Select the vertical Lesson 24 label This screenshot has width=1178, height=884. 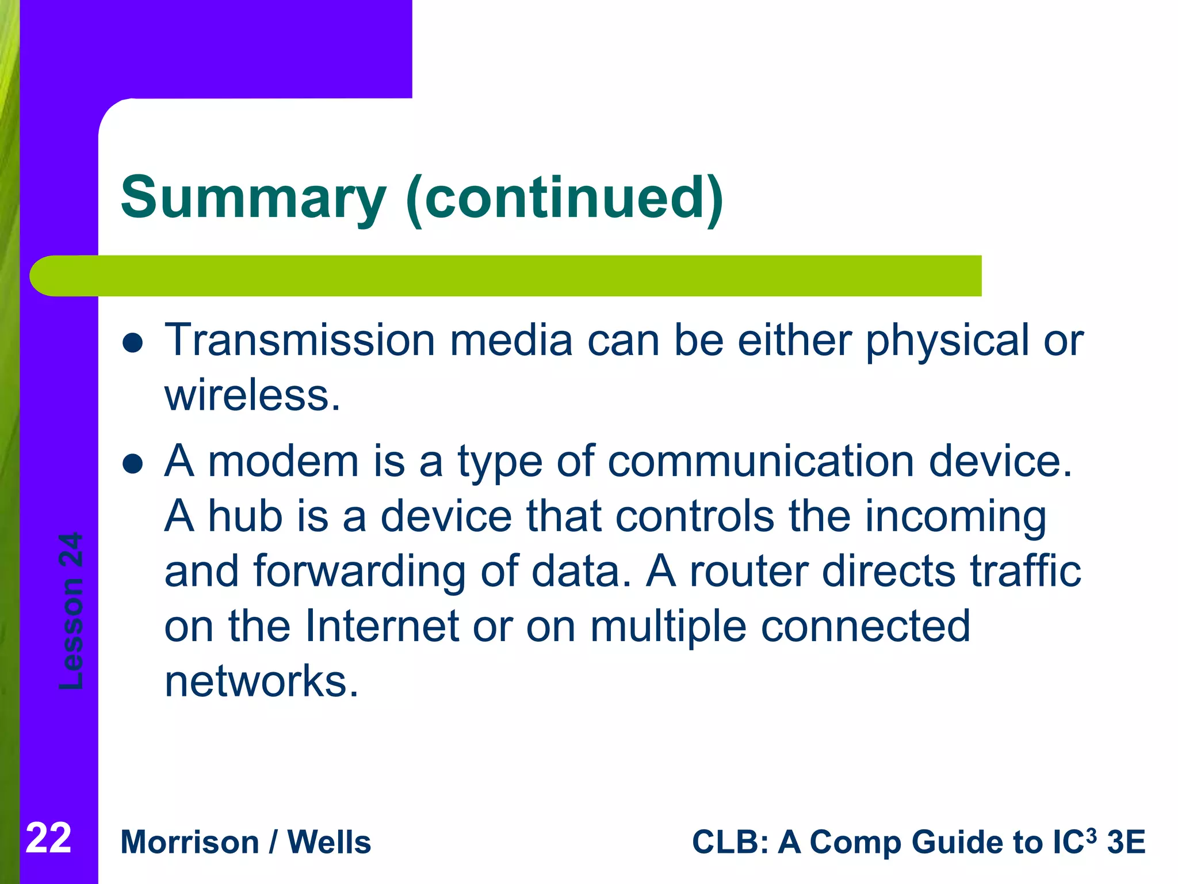(x=71, y=611)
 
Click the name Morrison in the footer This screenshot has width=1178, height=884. (x=190, y=843)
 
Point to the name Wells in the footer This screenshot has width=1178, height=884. (x=329, y=843)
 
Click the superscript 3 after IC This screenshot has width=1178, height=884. (x=1091, y=835)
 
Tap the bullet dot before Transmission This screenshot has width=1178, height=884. (x=133, y=344)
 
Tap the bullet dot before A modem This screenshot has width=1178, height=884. (x=133, y=464)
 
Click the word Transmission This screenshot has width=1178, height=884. (x=300, y=341)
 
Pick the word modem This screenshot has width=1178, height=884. (x=284, y=462)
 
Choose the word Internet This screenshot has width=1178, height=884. (x=381, y=626)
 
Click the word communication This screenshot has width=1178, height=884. (x=761, y=462)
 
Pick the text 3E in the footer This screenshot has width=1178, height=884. (x=1126, y=843)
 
